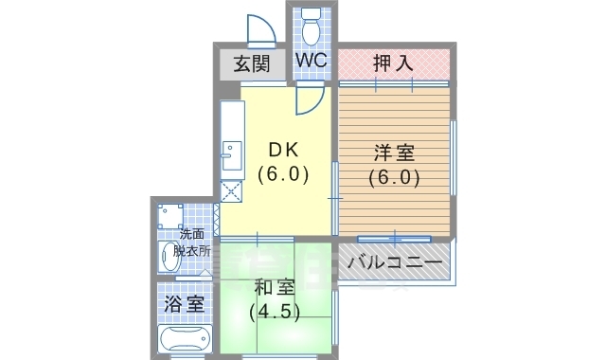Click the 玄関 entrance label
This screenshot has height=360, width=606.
(251, 64)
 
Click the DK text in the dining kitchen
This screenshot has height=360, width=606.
(285, 151)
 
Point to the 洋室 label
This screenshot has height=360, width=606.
(394, 153)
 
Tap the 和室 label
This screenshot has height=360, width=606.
(274, 288)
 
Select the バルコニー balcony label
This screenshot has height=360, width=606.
(394, 261)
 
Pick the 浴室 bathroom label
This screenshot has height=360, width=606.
(184, 304)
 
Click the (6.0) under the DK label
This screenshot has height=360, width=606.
(284, 174)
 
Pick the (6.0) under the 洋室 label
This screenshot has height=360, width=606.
(394, 176)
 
